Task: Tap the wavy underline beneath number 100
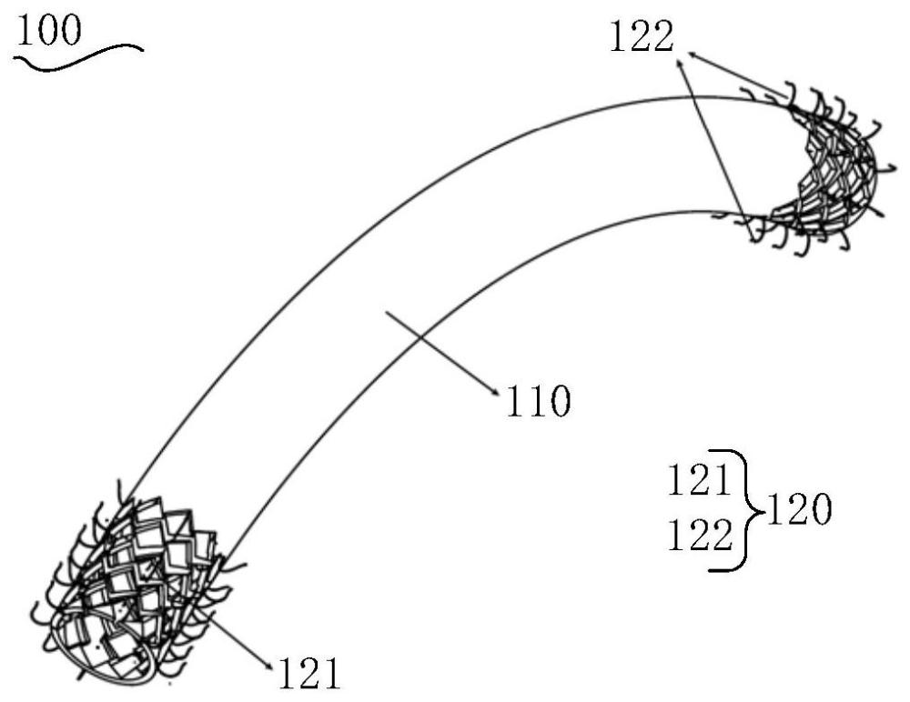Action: [x=78, y=54]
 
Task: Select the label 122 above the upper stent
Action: [x=642, y=37]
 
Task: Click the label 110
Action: [x=538, y=400]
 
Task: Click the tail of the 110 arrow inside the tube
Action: [x=389, y=313]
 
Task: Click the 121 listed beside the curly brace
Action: [x=700, y=479]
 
